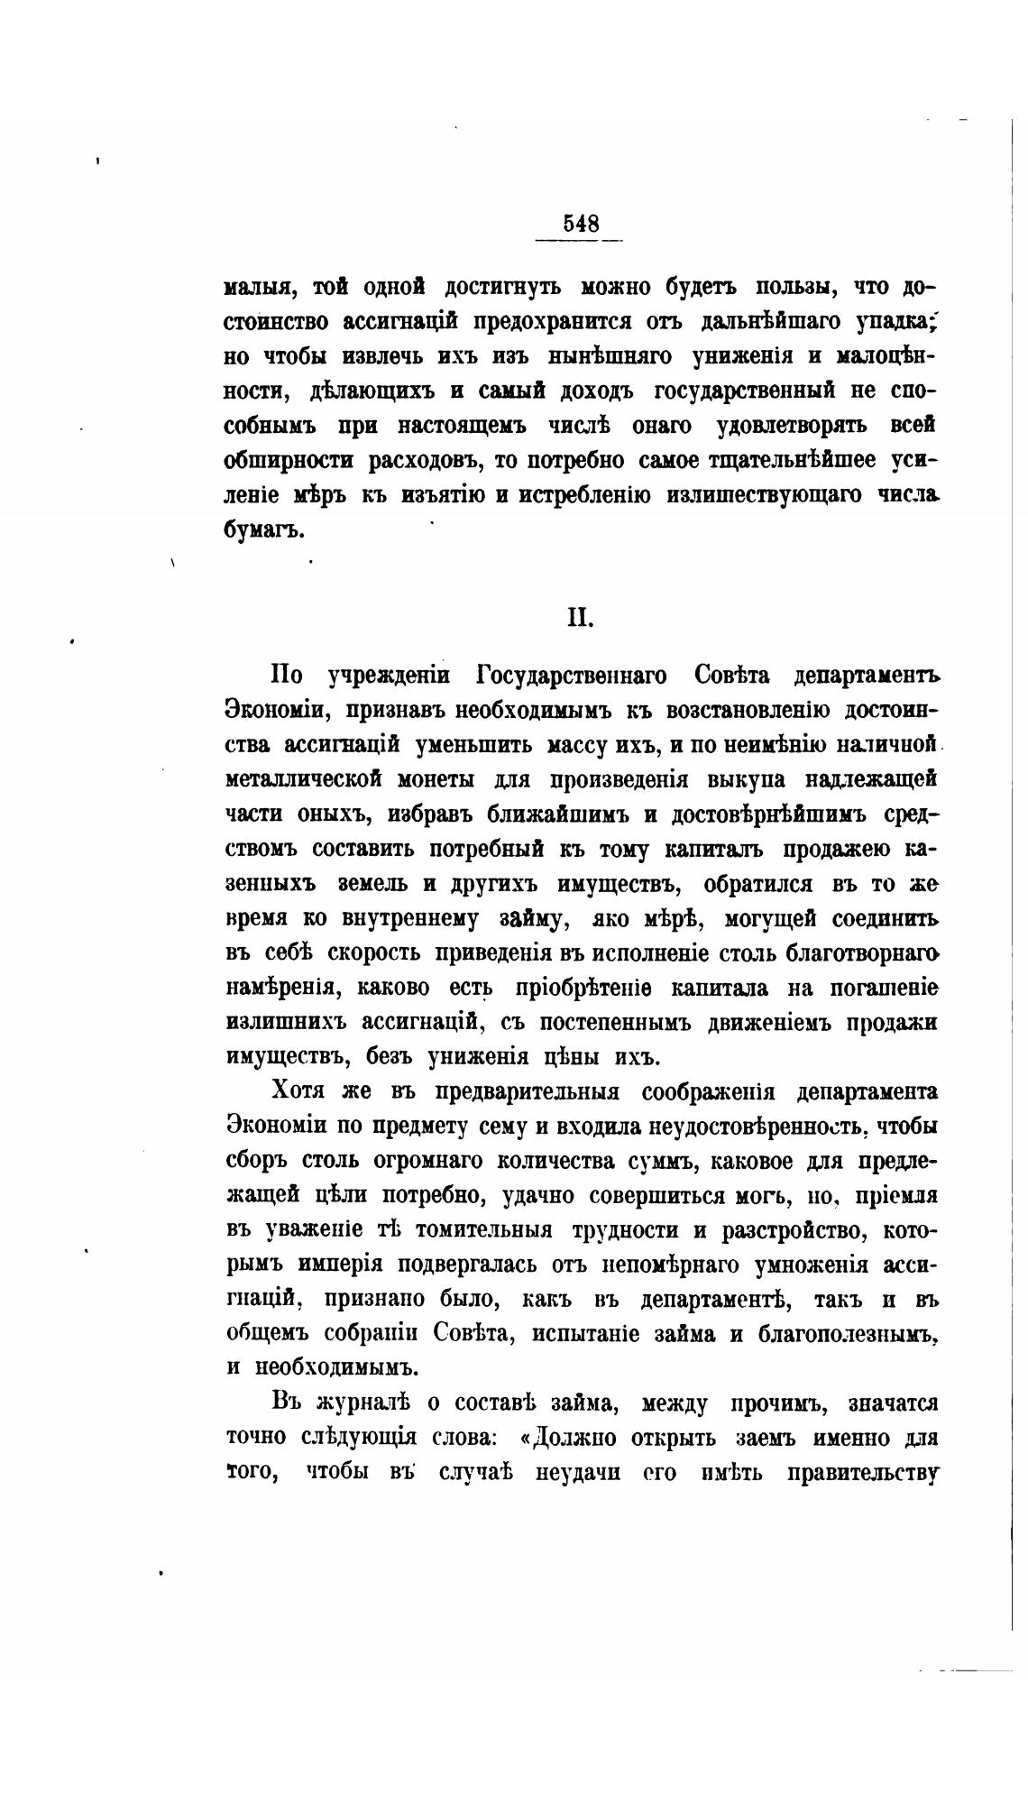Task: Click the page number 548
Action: pos(581,223)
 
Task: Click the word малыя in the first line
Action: pos(255,288)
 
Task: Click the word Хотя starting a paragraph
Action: pos(301,1092)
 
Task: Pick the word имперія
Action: pos(340,1265)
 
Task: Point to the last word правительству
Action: pos(862,1474)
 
